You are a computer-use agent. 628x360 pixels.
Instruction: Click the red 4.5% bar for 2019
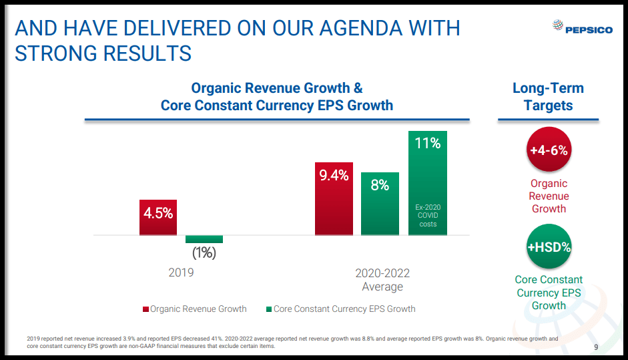coord(158,217)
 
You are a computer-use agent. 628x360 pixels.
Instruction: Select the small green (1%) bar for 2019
coord(204,239)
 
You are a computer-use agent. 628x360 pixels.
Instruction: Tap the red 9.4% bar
coord(334,198)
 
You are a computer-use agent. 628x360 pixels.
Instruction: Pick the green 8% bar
coord(380,204)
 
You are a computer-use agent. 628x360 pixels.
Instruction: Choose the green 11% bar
coord(428,182)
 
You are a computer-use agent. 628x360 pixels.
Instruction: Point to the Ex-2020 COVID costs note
coord(428,216)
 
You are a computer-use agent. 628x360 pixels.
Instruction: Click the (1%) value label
coord(204,253)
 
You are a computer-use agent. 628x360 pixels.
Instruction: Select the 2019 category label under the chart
coord(181,273)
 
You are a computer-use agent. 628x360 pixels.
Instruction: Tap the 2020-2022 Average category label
coord(382,280)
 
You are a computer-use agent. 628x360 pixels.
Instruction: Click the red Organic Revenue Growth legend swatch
coord(145,309)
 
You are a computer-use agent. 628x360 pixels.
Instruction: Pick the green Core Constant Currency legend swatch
coord(269,309)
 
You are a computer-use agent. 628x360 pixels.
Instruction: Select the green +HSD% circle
coord(549,247)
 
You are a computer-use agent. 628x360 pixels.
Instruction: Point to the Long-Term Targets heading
coord(548,97)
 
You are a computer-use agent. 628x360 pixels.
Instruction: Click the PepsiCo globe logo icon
coord(558,27)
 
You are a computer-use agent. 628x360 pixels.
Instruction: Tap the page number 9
coord(596,347)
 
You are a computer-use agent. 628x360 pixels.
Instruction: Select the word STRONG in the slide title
coord(55,53)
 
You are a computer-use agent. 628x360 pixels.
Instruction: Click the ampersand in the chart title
coord(358,88)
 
